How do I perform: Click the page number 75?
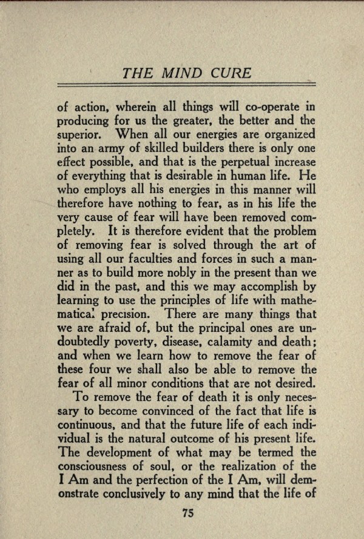[x=187, y=514]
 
